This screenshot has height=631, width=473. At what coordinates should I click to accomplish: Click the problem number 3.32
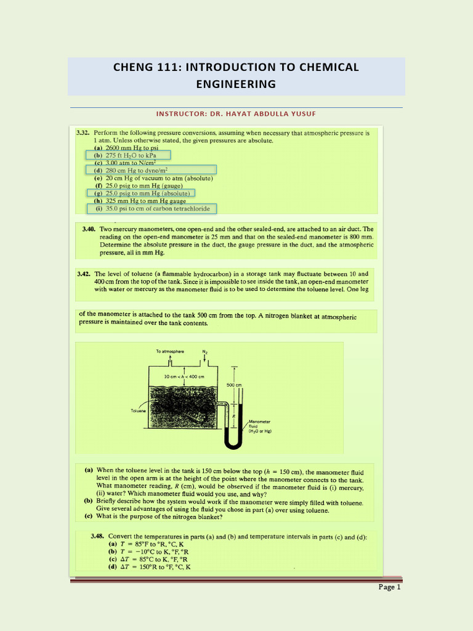coord(83,132)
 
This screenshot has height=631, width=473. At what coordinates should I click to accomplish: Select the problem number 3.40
coord(91,229)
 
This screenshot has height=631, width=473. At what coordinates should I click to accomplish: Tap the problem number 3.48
coord(99,537)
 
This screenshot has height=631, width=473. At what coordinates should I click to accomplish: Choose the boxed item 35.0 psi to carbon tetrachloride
coord(152,208)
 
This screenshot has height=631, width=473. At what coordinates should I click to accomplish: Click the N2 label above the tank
coord(204,351)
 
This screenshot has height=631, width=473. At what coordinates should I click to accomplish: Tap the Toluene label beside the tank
coord(138,410)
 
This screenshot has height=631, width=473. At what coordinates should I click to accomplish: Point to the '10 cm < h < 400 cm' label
coord(184,376)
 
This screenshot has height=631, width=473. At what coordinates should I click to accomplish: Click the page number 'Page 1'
coord(389,587)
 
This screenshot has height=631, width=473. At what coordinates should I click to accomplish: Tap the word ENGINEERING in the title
coord(236,84)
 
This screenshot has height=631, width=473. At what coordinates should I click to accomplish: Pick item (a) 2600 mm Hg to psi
coord(126,148)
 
